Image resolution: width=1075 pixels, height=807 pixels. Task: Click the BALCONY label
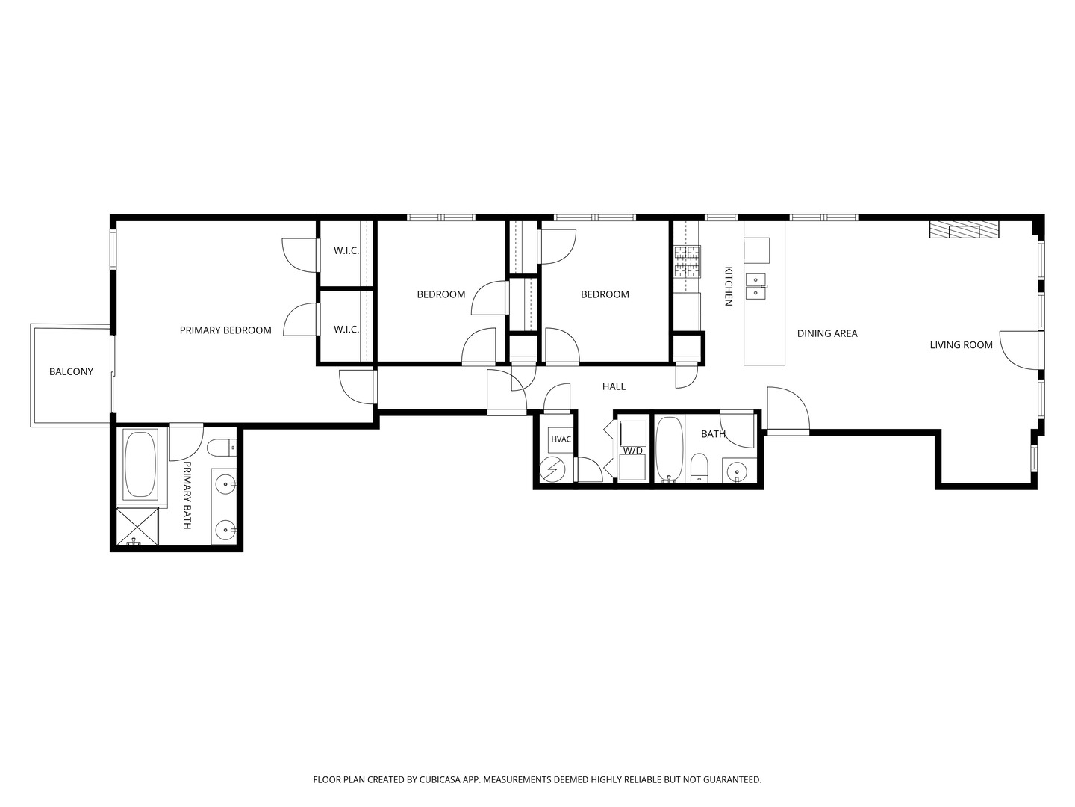pyautogui.click(x=71, y=372)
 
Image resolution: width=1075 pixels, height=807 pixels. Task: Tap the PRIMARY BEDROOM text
pyautogui.click(x=225, y=330)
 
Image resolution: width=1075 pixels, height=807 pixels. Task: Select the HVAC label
pyautogui.click(x=561, y=439)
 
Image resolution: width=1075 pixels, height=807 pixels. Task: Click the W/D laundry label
pyautogui.click(x=632, y=451)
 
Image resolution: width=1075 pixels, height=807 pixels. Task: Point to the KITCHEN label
pyautogui.click(x=729, y=286)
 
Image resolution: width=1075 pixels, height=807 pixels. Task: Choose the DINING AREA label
pyautogui.click(x=827, y=334)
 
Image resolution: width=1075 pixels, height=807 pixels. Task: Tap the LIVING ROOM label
pyautogui.click(x=961, y=345)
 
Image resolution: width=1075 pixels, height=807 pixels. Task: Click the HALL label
pyautogui.click(x=614, y=386)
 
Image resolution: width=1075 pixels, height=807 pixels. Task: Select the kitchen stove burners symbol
pyautogui.click(x=687, y=262)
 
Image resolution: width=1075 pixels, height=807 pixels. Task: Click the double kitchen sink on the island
pyautogui.click(x=756, y=287)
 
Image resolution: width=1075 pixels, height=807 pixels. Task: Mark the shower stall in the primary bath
pyautogui.click(x=137, y=527)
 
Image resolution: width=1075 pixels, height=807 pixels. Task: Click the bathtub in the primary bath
pyautogui.click(x=140, y=465)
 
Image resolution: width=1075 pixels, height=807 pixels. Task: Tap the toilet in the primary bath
pyautogui.click(x=222, y=448)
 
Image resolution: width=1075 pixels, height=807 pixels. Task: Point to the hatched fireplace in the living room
pyautogui.click(x=964, y=230)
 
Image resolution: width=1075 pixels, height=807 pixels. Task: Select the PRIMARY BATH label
pyautogui.click(x=187, y=495)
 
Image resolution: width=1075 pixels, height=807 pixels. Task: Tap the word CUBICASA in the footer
pyautogui.click(x=440, y=779)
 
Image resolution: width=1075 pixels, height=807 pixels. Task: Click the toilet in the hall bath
pyautogui.click(x=699, y=468)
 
